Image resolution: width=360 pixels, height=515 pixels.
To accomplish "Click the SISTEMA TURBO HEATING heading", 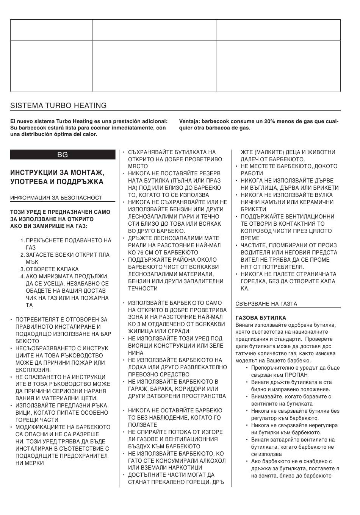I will [x=58, y=106].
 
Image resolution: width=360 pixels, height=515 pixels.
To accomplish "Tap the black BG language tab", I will [x=63, y=154].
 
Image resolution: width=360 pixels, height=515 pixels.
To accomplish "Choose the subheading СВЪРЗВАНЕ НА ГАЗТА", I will [x=266, y=304].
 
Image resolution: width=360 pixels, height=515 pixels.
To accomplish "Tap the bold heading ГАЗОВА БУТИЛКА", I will [x=261, y=318].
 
